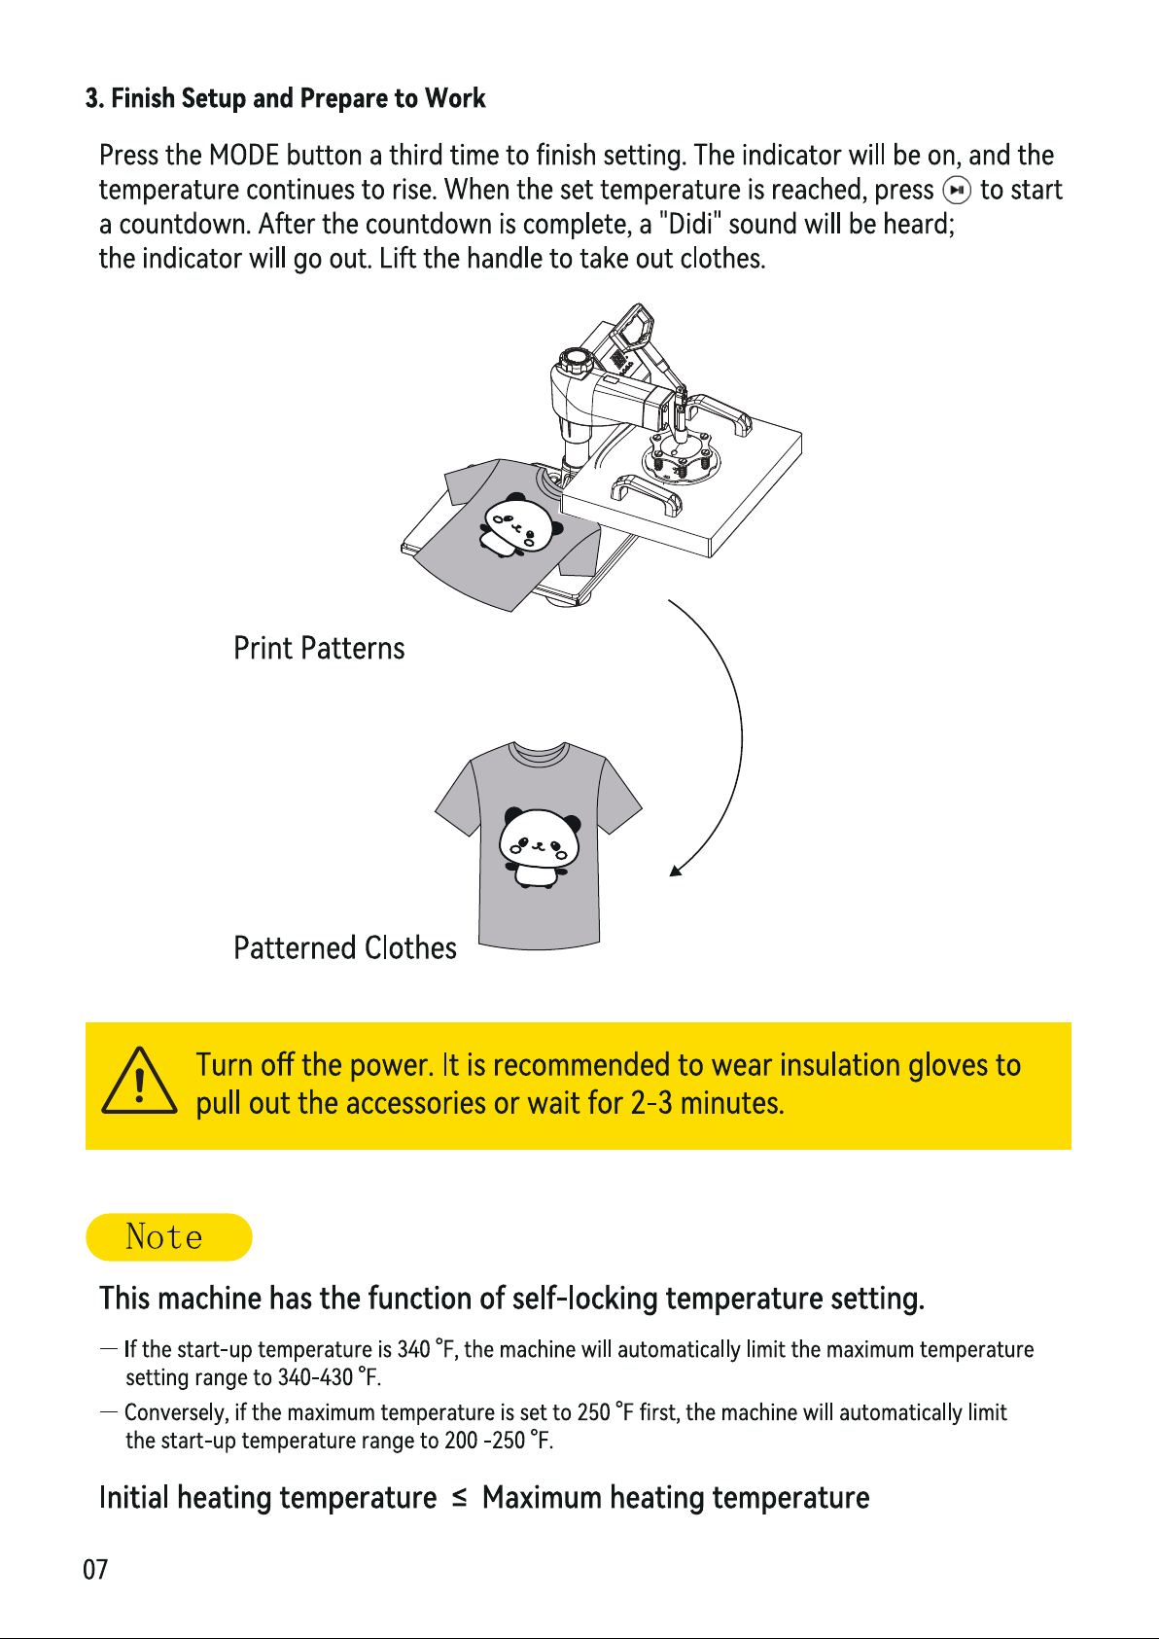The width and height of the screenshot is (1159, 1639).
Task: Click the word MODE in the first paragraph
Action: coord(243,155)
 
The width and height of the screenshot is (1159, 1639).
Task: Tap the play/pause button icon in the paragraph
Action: coord(957,191)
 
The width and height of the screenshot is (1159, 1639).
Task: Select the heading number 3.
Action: coord(93,98)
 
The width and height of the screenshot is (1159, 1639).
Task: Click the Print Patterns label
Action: coord(319,648)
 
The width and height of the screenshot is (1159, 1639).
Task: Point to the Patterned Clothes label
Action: coord(345,947)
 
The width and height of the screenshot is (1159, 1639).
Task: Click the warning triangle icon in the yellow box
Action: coord(139,1081)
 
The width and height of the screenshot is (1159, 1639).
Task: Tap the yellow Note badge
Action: coord(169,1236)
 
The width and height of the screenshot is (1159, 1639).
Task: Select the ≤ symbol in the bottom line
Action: coord(459,1499)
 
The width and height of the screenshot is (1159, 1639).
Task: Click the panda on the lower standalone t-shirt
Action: coord(540,848)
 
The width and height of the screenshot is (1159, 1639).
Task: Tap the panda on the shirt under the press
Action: coord(521,524)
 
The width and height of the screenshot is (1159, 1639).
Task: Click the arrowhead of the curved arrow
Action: coord(676,870)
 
